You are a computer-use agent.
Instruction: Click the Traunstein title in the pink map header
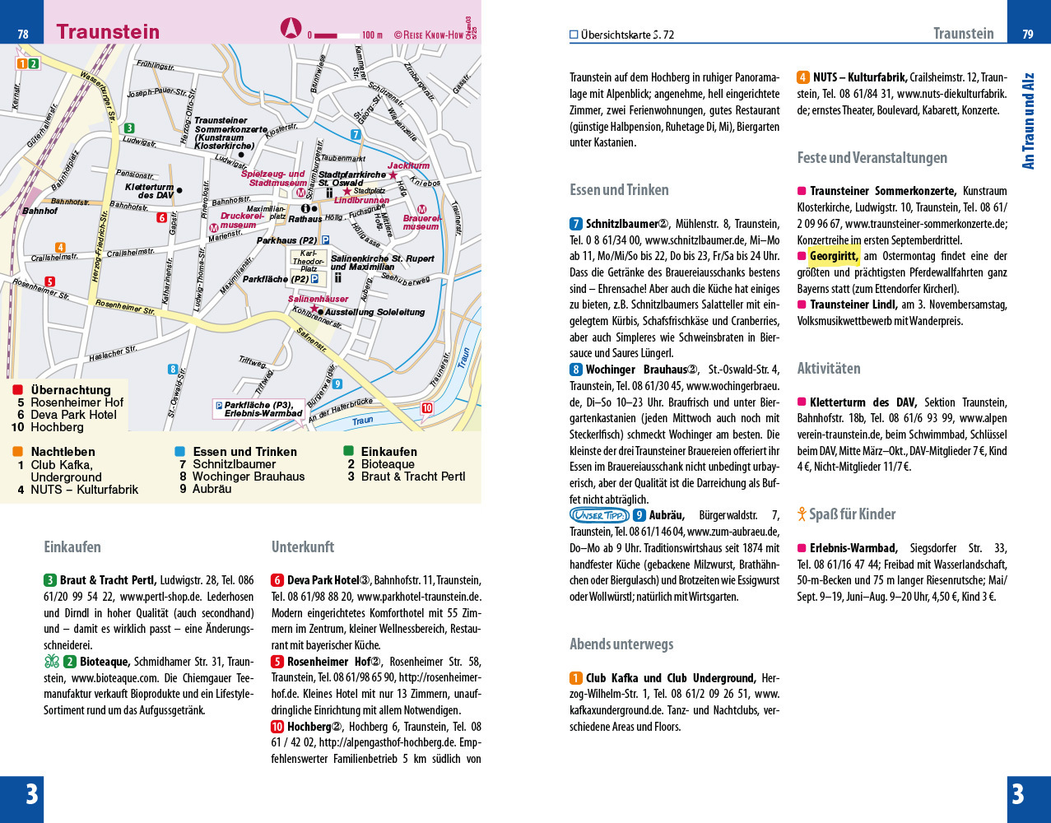coord(108,32)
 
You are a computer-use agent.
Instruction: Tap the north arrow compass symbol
coord(291,29)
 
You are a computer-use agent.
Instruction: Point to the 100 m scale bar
coord(337,35)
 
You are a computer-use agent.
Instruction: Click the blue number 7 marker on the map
coord(356,134)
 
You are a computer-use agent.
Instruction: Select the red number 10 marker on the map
coord(426,408)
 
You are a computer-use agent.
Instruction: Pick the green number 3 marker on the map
coord(129,128)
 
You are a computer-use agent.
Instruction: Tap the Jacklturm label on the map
coord(408,166)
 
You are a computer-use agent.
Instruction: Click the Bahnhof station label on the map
coord(40,212)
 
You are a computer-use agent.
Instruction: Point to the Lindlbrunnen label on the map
coord(361,201)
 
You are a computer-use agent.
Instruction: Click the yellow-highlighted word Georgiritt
coord(834,256)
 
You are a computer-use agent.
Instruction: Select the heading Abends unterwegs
coord(621,644)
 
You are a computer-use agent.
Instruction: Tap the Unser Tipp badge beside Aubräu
coord(598,515)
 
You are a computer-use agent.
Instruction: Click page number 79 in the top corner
coord(1028,34)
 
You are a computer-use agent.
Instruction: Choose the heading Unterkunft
coord(303,547)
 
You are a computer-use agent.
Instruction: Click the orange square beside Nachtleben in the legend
coord(17,452)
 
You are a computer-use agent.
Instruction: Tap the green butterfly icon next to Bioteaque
coord(52,662)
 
